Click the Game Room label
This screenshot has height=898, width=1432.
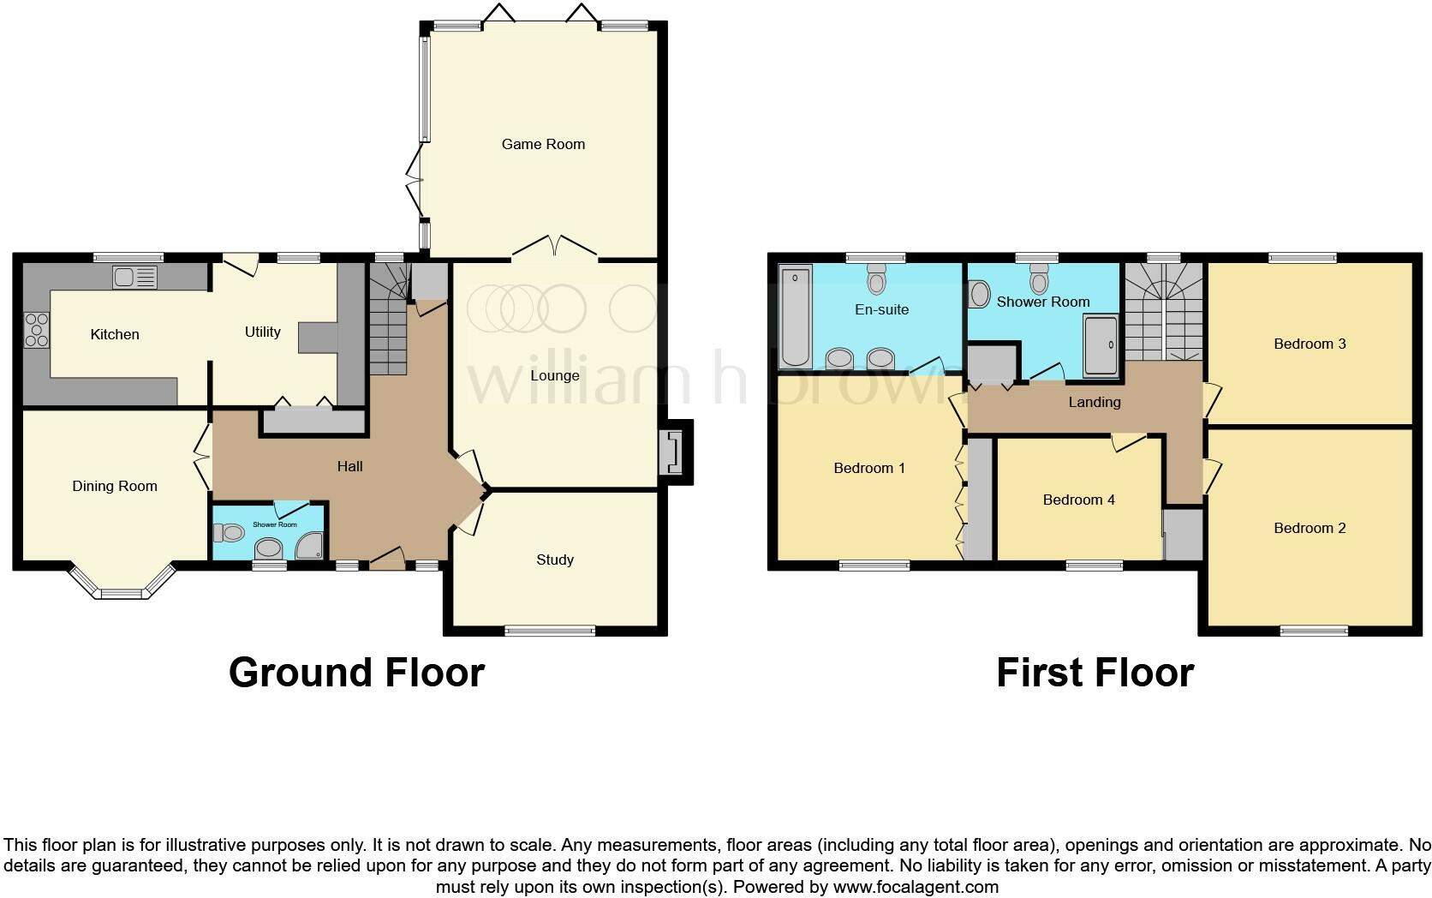(x=543, y=144)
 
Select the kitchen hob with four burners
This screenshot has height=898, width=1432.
(x=38, y=330)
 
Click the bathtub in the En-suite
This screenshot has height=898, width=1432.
(x=796, y=318)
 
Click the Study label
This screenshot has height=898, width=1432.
(x=554, y=560)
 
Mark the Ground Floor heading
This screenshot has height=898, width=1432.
(x=356, y=673)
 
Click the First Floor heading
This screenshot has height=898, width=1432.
(x=1095, y=673)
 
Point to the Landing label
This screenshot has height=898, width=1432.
(x=1094, y=402)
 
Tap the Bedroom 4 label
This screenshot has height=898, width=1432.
(x=1078, y=500)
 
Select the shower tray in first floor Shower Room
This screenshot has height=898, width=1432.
(x=1101, y=345)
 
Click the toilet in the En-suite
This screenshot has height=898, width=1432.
(x=876, y=278)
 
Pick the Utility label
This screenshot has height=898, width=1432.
(x=262, y=332)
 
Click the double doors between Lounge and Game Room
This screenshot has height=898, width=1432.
(x=554, y=249)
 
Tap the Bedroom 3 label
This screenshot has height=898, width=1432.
(x=1309, y=344)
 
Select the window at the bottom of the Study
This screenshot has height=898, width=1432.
(x=549, y=632)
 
